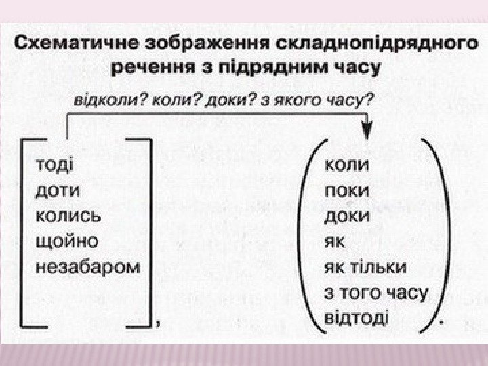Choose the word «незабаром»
point(87,266)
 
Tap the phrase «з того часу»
point(377,292)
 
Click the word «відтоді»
point(357,317)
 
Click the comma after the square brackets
point(158,324)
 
